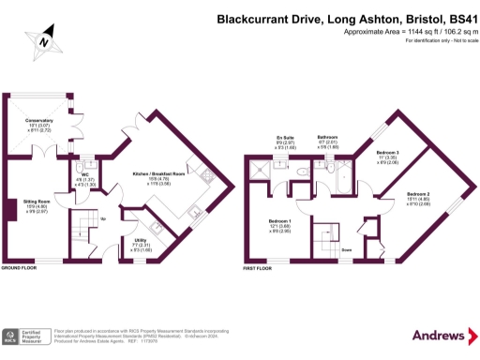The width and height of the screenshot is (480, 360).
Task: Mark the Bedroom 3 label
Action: point(388,152)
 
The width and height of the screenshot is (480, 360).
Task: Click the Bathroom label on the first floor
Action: point(328,137)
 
